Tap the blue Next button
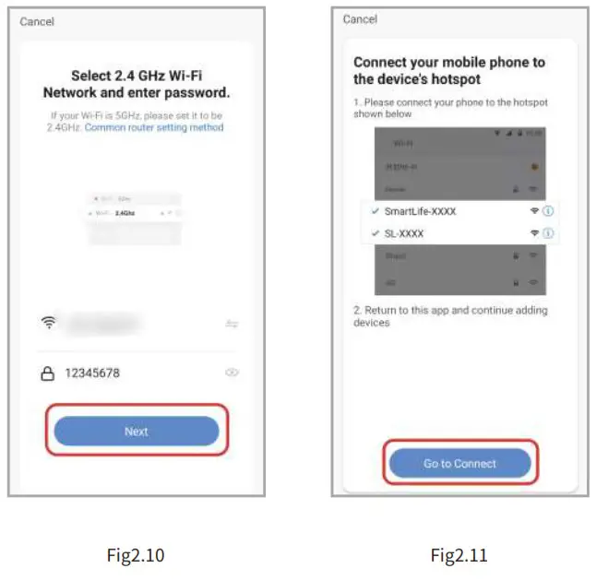pos(137,431)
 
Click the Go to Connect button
pos(459,463)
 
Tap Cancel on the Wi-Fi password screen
pos(37,21)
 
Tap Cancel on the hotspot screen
pos(360,19)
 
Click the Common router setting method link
pos(154,127)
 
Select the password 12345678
pos(92,373)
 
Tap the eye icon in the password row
pos(232,373)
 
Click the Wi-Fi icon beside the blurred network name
pos(49,323)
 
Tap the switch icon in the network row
pos(232,324)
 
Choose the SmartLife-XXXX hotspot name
pos(420,211)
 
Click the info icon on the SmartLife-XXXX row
pos(548,211)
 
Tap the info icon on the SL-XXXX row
pos(548,233)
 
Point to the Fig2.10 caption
pos(136,554)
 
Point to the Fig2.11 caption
pos(459,554)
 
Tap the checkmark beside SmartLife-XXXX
pos(374,211)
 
